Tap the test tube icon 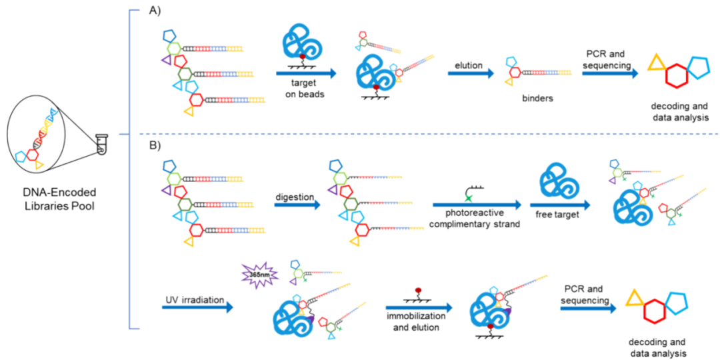click(x=101, y=144)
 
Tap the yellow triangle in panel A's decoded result click(x=656, y=63)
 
